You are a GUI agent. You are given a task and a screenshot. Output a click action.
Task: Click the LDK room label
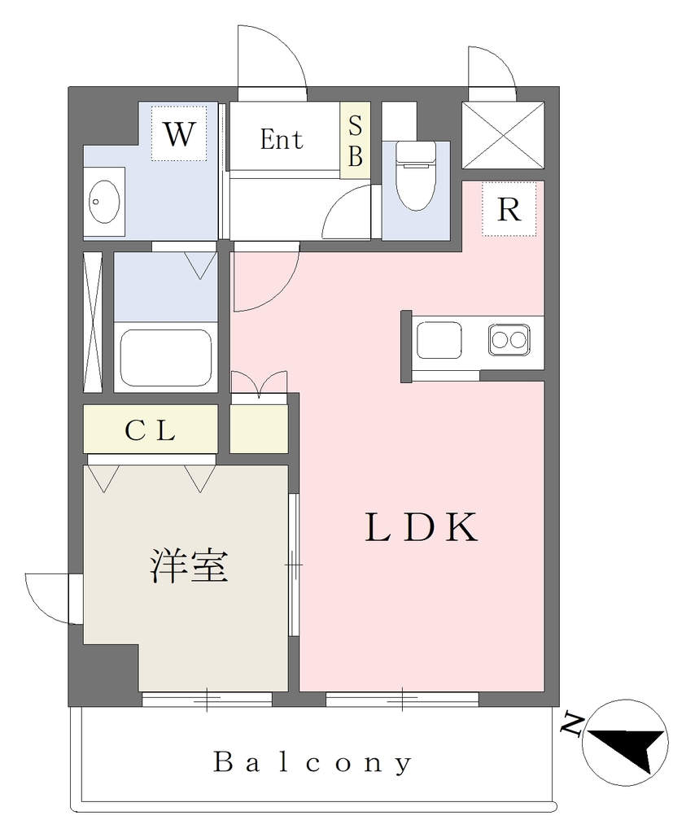tap(421, 527)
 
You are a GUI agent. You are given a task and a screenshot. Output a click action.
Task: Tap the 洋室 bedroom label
tap(189, 565)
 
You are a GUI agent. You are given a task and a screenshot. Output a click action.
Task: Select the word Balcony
tap(313, 763)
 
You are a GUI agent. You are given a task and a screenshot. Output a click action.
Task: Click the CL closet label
tap(150, 430)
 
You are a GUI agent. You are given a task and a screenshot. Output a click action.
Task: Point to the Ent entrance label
tap(281, 140)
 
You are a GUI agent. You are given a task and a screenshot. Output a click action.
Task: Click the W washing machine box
tap(179, 133)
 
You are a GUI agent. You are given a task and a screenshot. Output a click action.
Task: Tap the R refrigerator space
tap(509, 210)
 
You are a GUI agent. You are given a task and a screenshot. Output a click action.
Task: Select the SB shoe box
tap(355, 140)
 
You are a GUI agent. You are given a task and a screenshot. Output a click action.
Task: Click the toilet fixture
tap(416, 177)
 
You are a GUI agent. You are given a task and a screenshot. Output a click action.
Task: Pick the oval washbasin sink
tap(104, 202)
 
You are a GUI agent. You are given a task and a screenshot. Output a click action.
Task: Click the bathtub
tap(166, 358)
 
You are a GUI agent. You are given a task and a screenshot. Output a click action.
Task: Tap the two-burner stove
tap(509, 339)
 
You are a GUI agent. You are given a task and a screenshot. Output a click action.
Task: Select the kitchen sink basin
tap(439, 340)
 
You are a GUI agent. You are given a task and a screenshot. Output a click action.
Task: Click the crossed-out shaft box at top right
tap(503, 135)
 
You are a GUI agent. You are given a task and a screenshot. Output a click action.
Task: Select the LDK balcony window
tap(402, 699)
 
